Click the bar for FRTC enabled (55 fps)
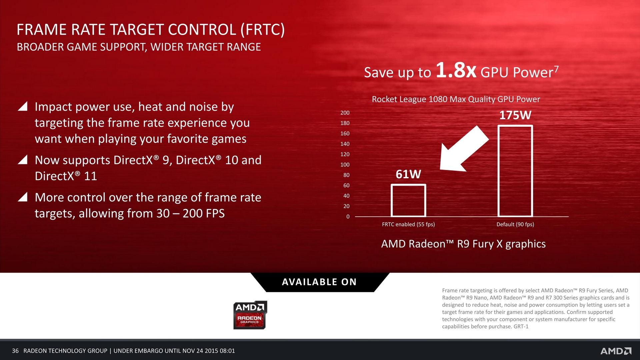pyautogui.click(x=408, y=185)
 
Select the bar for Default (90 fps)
pyautogui.click(x=515, y=126)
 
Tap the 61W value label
pyautogui.click(x=408, y=174)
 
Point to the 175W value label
pyautogui.click(x=515, y=115)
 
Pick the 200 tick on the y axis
pyautogui.click(x=345, y=113)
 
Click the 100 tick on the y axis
pyautogui.click(x=345, y=165)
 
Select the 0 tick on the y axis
pyautogui.click(x=348, y=217)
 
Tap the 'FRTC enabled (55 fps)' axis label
pyautogui.click(x=408, y=224)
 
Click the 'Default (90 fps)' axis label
pyautogui.click(x=515, y=224)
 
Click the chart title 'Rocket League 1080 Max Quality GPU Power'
pyautogui.click(x=456, y=99)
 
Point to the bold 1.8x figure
pyautogui.click(x=456, y=70)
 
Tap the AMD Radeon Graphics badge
pyautogui.click(x=250, y=315)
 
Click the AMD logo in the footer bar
pyautogui.click(x=616, y=351)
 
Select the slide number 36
pyautogui.click(x=15, y=351)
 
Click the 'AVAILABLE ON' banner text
pyautogui.click(x=319, y=282)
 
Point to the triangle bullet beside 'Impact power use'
pyautogui.click(x=22, y=106)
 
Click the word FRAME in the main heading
pyautogui.click(x=42, y=30)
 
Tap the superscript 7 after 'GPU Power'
pyautogui.click(x=556, y=69)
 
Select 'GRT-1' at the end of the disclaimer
pyautogui.click(x=521, y=327)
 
